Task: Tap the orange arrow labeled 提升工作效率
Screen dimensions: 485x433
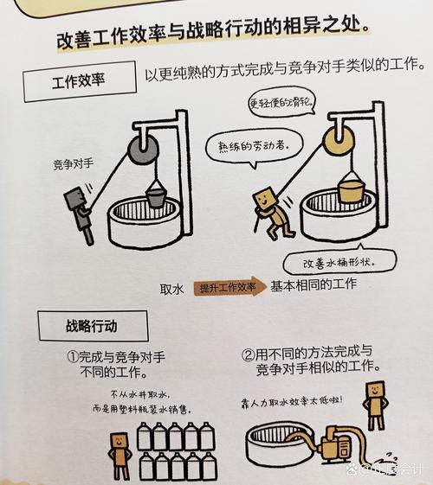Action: coord(229,288)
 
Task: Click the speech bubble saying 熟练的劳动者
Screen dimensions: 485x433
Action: coord(251,144)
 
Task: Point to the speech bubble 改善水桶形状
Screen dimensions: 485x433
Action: coord(339,261)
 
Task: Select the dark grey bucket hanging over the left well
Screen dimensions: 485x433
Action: coord(157,197)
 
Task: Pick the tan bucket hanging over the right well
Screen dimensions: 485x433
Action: coord(351,188)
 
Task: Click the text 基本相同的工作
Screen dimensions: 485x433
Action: coord(313,286)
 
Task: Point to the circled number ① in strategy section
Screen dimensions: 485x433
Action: coord(74,355)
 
